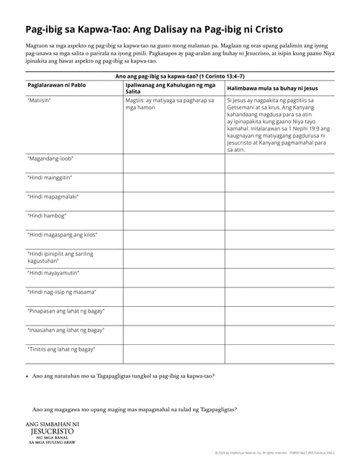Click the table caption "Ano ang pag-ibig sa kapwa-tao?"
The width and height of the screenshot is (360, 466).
pos(180,75)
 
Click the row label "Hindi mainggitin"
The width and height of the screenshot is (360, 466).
pos(52,177)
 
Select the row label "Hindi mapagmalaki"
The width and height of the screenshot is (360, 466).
pos(53,197)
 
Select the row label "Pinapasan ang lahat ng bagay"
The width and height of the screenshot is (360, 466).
pos(66,311)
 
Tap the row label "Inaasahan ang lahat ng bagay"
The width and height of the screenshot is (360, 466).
pos(66,330)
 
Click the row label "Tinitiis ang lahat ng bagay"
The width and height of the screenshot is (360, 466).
pos(63,349)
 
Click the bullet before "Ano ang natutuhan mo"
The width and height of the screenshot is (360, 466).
pos(26,376)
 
